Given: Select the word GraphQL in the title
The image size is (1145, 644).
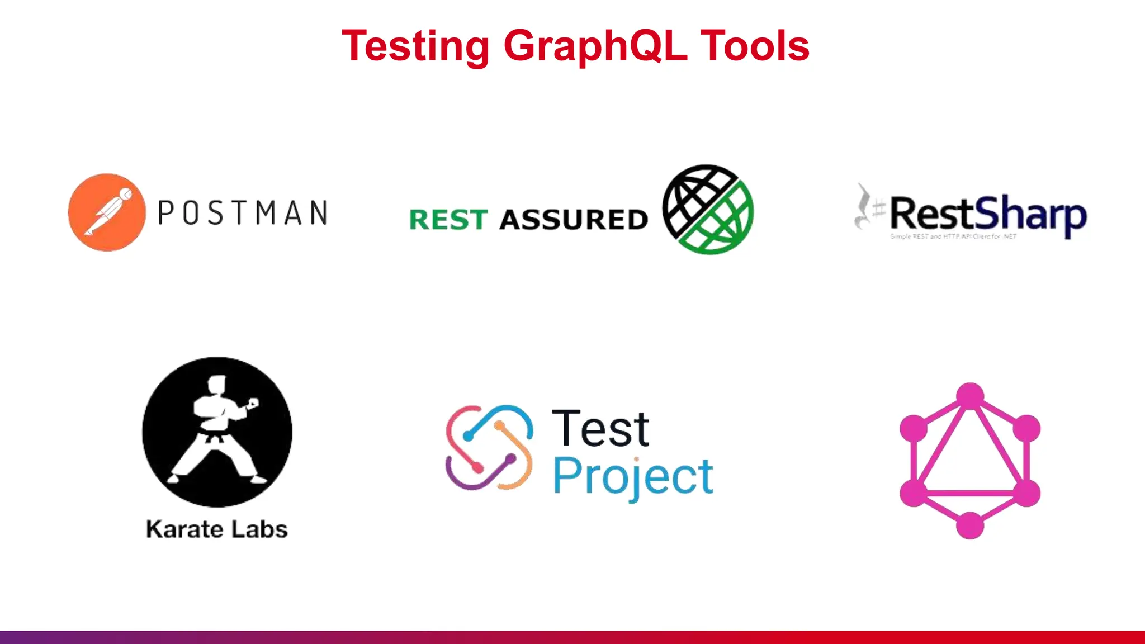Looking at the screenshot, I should tap(595, 46).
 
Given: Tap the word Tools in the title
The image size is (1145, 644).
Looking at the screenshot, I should tap(754, 46).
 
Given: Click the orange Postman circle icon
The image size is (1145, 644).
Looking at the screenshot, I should tap(107, 212).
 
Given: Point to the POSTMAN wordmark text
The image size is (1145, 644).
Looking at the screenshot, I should tap(243, 213).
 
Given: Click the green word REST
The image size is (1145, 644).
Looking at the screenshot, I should tap(448, 220).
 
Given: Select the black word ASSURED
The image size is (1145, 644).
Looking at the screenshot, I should tap(574, 220).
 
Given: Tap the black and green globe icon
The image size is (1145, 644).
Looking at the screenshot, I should tap(708, 210).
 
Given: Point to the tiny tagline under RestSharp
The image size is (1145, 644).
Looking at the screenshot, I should tap(953, 237).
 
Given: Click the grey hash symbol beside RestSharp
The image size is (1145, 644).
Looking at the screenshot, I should tap(879, 210).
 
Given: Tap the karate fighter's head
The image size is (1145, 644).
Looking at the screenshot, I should tap(216, 385).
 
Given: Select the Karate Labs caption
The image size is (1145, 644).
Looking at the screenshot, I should tap(217, 529).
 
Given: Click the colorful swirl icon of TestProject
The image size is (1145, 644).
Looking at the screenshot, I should tap(489, 447).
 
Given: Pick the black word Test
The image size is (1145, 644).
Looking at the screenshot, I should tap(600, 429).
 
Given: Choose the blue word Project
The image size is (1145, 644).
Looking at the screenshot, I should tap(633, 477).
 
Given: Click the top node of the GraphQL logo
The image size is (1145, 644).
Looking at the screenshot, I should tap(970, 395).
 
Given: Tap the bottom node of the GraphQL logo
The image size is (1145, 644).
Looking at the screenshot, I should tap(970, 525).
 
